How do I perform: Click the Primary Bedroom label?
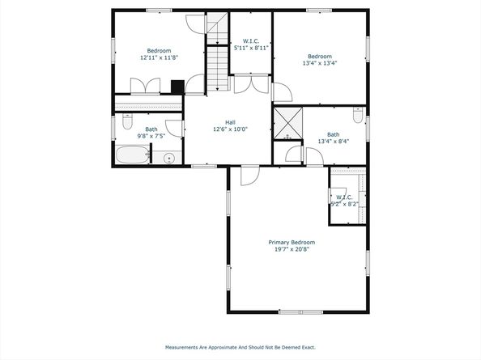[x=292, y=243]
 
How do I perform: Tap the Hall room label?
[x=230, y=122]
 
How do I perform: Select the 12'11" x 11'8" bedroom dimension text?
[x=159, y=57]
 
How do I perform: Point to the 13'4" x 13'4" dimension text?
[x=320, y=63]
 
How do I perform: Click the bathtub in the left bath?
[x=132, y=155]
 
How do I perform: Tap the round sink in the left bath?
[x=168, y=159]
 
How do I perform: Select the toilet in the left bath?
[x=127, y=121]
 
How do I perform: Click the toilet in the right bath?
[x=358, y=115]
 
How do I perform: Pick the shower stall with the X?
[x=287, y=123]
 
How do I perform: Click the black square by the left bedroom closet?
[x=177, y=87]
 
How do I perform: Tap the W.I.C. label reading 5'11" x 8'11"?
[x=251, y=44]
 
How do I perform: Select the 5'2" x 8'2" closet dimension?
[x=344, y=204]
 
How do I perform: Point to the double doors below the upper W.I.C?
[x=251, y=84]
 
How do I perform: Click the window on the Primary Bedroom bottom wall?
[x=300, y=312]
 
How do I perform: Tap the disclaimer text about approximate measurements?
[x=240, y=347]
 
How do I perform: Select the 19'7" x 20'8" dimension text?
[x=292, y=249]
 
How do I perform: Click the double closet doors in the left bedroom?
[x=145, y=86]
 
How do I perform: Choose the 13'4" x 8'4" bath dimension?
[x=334, y=142]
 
